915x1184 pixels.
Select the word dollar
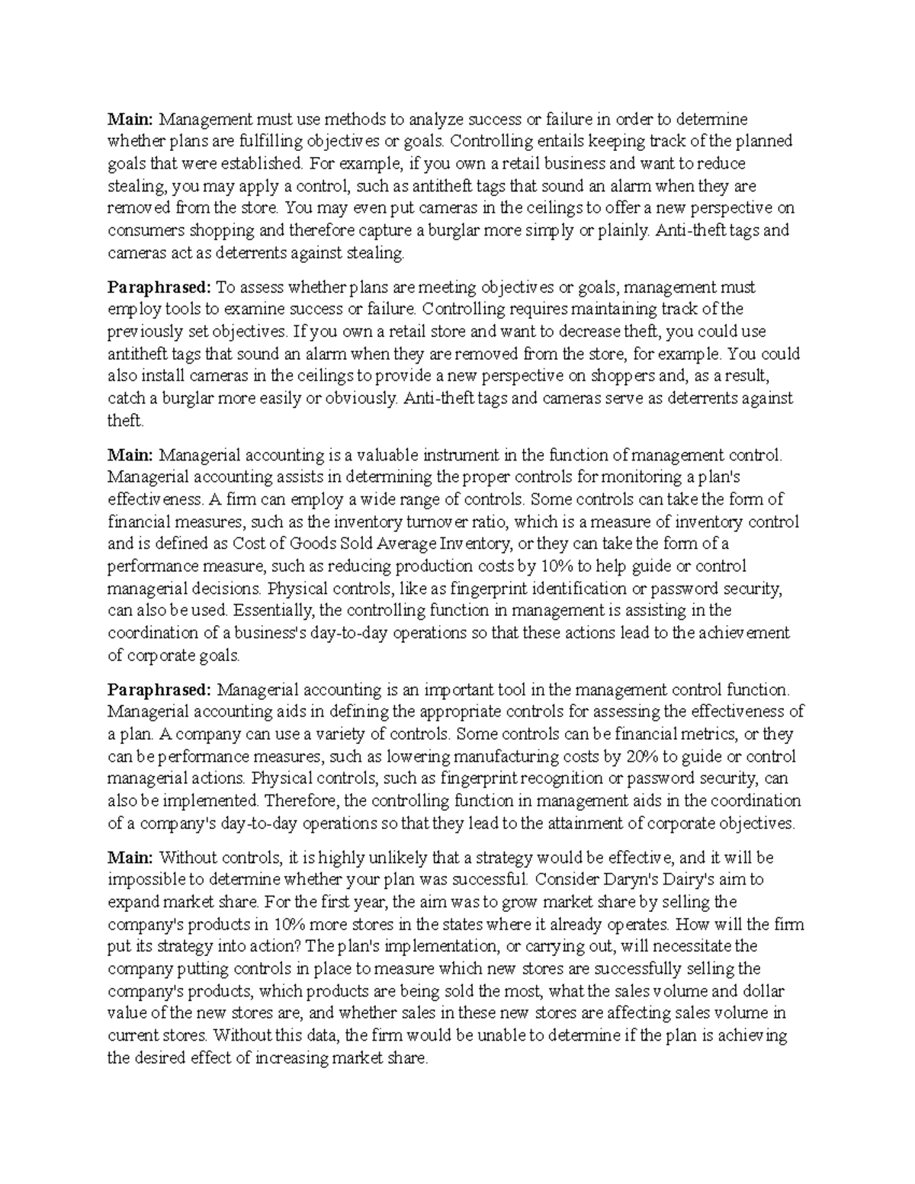click(760, 992)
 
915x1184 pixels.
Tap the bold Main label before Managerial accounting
click(130, 456)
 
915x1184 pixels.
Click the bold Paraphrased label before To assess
click(159, 288)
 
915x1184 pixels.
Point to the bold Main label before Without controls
click(130, 858)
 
